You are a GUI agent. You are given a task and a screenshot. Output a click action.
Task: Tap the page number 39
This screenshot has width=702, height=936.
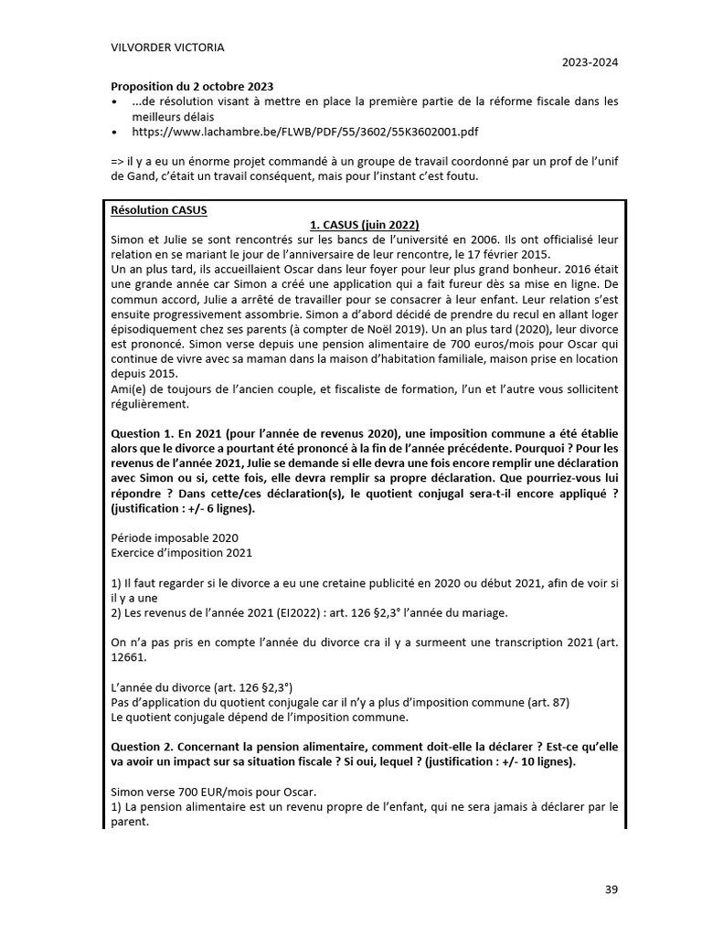(x=612, y=889)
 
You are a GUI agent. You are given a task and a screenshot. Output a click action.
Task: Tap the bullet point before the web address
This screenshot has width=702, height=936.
(x=113, y=132)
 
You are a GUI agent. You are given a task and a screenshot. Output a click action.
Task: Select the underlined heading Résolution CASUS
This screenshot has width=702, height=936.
(x=159, y=209)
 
